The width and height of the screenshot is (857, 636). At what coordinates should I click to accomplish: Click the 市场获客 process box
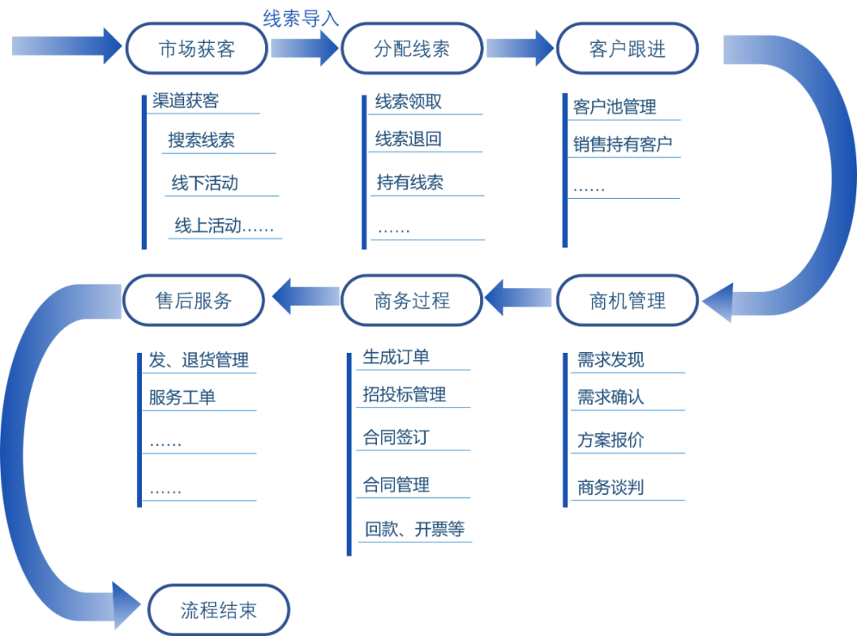196,48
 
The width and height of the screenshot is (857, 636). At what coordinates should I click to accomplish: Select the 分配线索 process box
411,48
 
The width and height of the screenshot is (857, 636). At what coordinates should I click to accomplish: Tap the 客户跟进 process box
627,48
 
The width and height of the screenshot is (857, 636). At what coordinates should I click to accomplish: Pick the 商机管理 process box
627,301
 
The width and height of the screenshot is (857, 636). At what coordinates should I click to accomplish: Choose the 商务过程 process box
411,301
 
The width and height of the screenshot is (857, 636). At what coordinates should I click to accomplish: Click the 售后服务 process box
194,301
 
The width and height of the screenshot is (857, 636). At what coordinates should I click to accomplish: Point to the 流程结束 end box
218,610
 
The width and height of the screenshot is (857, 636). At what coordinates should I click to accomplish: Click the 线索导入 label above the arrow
301,17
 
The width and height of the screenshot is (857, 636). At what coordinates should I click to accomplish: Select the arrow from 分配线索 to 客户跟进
520,48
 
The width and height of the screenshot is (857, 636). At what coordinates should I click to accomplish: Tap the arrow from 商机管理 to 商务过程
519,299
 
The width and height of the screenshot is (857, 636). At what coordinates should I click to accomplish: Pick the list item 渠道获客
186,101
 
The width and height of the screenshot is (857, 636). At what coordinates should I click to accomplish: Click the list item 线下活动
204,184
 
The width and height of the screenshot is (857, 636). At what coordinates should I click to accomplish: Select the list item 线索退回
408,140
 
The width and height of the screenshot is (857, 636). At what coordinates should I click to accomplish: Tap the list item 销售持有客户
623,144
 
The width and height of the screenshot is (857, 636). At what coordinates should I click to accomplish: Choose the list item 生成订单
396,357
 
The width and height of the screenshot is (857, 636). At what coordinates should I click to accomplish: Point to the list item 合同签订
396,437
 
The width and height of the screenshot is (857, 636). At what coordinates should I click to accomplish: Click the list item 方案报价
610,440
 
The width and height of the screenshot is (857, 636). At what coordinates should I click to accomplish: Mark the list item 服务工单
182,397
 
